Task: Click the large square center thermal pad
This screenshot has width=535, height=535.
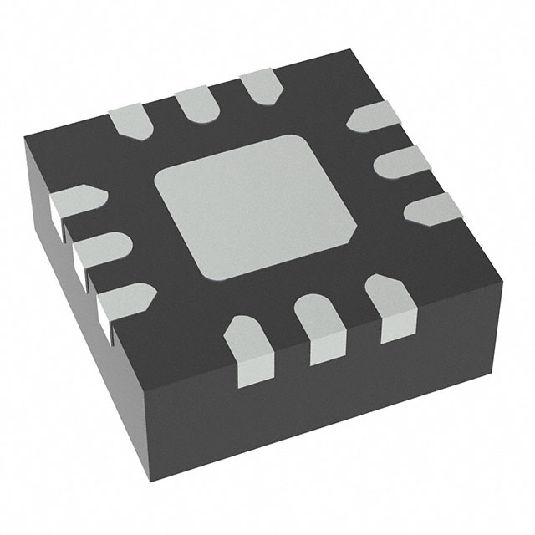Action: [257, 206]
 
